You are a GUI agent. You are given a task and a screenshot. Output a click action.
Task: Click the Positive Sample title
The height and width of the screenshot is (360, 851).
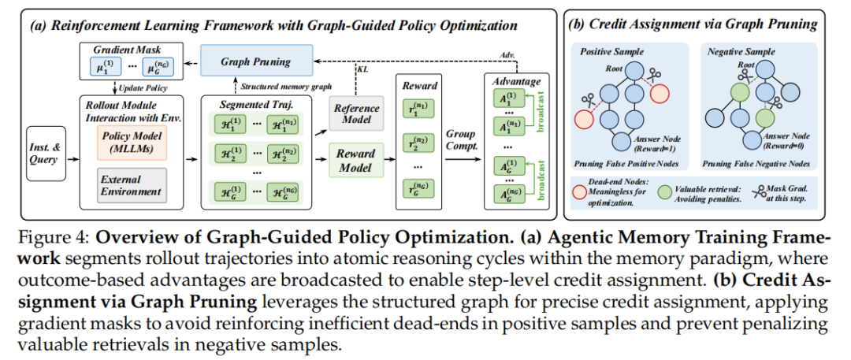tap(612, 51)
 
